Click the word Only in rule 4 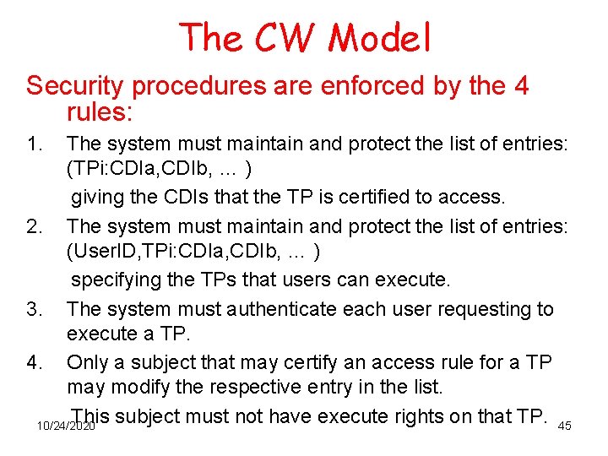click(x=85, y=362)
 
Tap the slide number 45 click(x=565, y=426)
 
